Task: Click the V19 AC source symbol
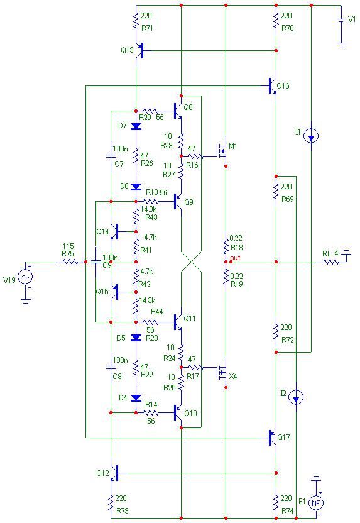25,277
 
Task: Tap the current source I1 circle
312,136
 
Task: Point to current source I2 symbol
296,397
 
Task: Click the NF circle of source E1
315,503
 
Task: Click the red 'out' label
235,258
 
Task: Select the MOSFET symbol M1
221,151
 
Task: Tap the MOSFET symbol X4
221,373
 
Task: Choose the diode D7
136,126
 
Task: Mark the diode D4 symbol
136,398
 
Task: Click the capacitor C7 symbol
111,156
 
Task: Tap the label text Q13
127,50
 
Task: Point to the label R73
123,510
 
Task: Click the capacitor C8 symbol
111,367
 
